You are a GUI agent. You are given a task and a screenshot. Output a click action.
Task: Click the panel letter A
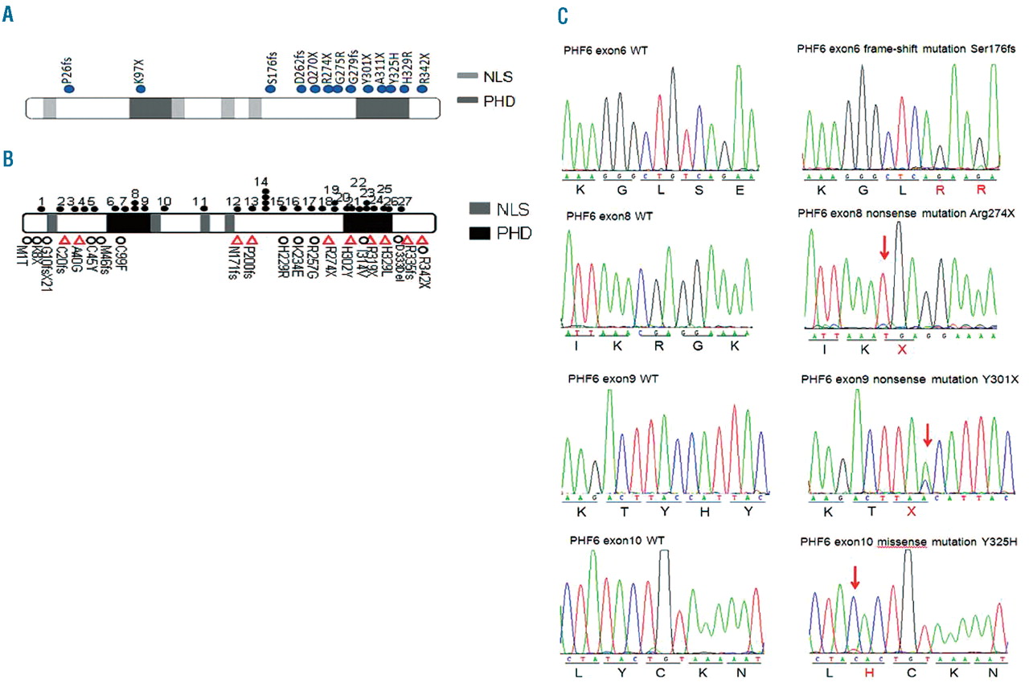7,15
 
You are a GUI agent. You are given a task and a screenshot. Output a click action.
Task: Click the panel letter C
563,15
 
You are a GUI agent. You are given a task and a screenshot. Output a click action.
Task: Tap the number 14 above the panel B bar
260,181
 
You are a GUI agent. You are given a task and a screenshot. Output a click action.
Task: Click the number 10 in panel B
164,201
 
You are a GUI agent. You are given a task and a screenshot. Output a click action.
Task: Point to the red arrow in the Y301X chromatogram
928,435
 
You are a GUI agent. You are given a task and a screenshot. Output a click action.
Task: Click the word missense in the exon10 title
901,538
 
